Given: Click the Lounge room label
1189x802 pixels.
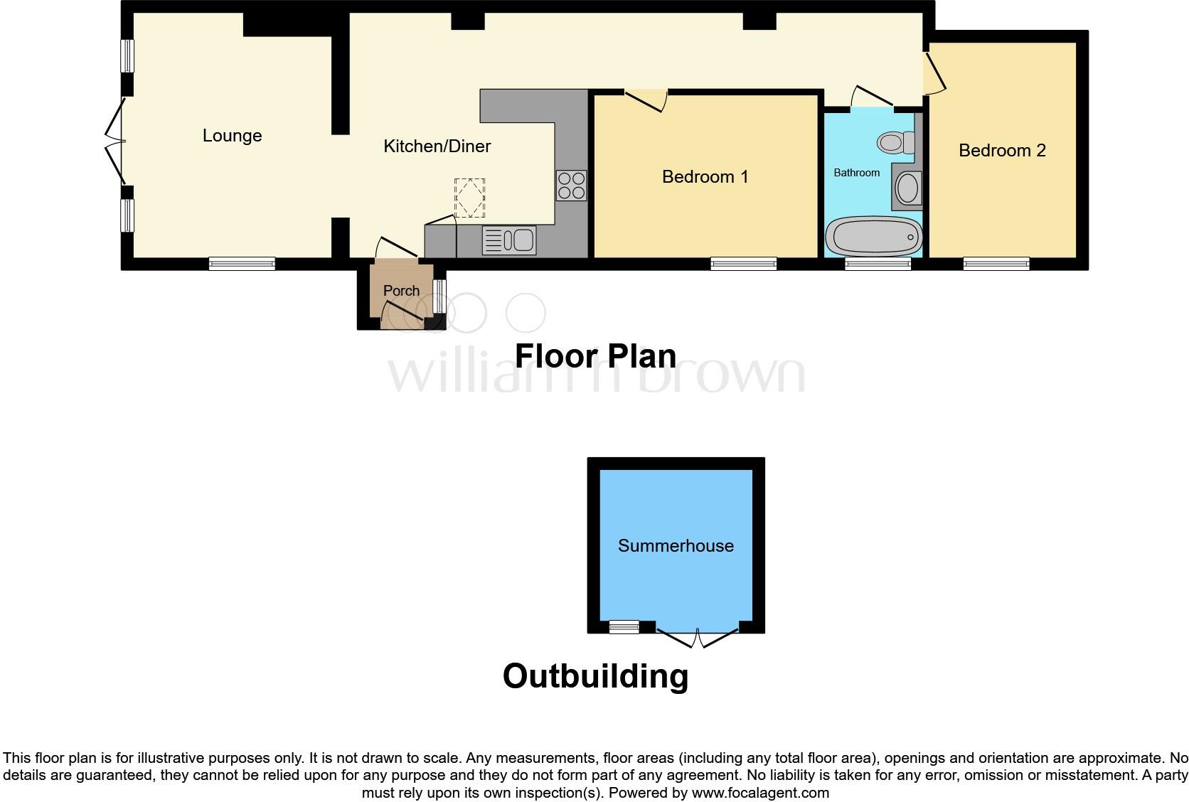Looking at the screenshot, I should coord(232,136).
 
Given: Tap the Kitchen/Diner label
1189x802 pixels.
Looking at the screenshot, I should coord(437,146).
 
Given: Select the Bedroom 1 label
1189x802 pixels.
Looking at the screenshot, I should coord(705,177).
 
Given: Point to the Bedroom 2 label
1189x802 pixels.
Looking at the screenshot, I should coord(1002,151).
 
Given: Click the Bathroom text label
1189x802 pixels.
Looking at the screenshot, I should coord(856,173).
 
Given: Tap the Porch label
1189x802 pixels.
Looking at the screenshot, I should coord(401,291).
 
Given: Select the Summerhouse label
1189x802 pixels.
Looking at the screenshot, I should coord(676,546).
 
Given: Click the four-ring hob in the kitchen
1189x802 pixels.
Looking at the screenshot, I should coord(572,185).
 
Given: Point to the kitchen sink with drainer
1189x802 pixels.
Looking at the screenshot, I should coord(509,240).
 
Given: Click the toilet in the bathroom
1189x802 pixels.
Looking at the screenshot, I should coord(897,143).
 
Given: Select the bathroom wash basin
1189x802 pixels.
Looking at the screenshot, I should coord(907,189).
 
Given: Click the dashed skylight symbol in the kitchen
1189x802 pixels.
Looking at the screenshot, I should coord(469,198).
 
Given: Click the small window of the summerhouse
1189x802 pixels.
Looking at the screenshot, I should coord(624,627).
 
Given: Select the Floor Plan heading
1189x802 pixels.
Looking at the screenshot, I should coord(595,356).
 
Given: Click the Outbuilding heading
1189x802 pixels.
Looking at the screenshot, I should coord(595,676).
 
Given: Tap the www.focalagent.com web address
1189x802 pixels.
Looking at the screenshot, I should coord(759,793).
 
